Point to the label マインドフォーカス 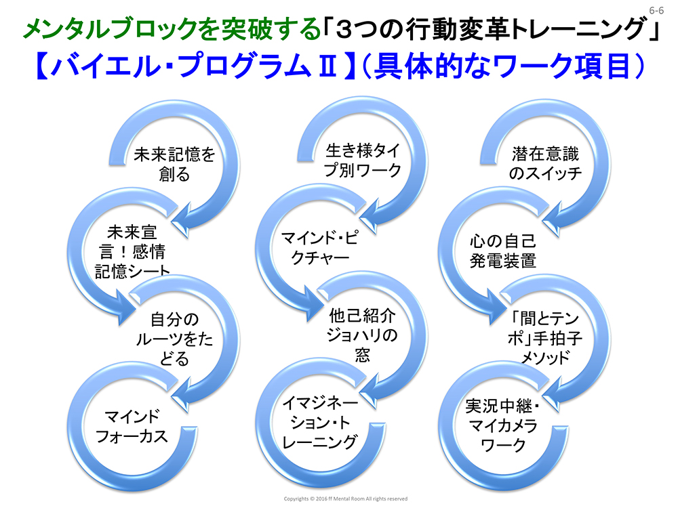tap(131, 425)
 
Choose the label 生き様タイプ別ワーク tap(362, 160)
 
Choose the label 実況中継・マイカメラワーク tap(502, 425)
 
